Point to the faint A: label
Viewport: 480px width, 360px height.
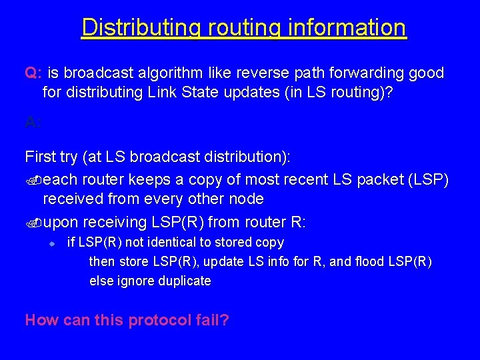(33, 121)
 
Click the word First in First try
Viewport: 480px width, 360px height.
(41, 157)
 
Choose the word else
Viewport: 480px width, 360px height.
(101, 281)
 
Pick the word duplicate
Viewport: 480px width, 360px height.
(185, 281)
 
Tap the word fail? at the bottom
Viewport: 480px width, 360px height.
(214, 320)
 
